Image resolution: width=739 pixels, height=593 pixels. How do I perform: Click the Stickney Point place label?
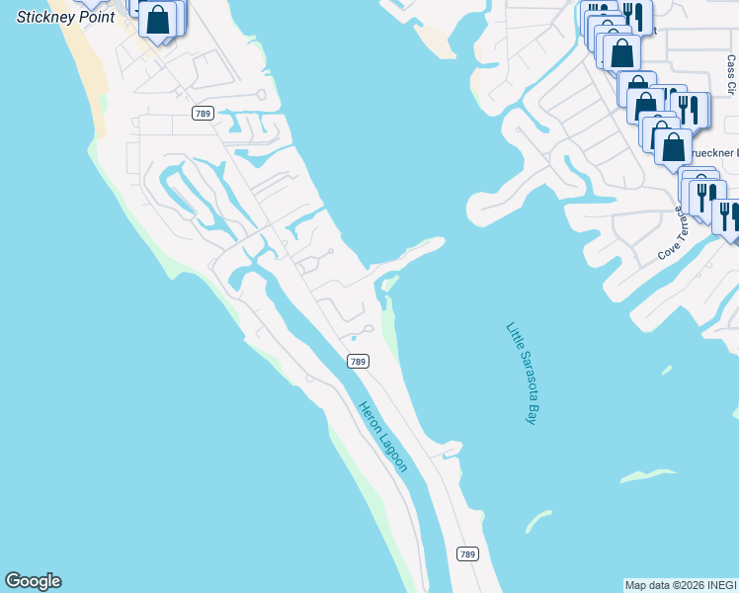(65, 17)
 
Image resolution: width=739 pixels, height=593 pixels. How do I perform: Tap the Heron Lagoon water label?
(382, 437)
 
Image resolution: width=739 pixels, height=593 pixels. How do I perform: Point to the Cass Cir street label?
(731, 74)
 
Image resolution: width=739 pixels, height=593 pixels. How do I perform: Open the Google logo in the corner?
(33, 581)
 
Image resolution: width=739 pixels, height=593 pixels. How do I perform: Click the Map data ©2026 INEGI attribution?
(681, 585)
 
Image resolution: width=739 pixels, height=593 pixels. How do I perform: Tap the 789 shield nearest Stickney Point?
(203, 114)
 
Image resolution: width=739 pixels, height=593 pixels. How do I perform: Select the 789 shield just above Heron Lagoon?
(358, 362)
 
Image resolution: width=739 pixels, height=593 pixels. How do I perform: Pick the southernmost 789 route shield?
(467, 553)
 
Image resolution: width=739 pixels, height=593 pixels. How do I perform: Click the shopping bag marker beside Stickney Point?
(158, 19)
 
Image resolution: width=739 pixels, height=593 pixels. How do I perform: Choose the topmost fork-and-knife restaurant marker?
(631, 16)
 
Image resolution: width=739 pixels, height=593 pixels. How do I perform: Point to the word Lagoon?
(392, 452)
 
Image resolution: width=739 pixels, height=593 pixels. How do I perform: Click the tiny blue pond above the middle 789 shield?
(353, 338)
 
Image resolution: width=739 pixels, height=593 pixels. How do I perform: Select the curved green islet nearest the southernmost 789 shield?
(538, 520)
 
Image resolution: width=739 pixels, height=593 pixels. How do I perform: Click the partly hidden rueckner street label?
(713, 153)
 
